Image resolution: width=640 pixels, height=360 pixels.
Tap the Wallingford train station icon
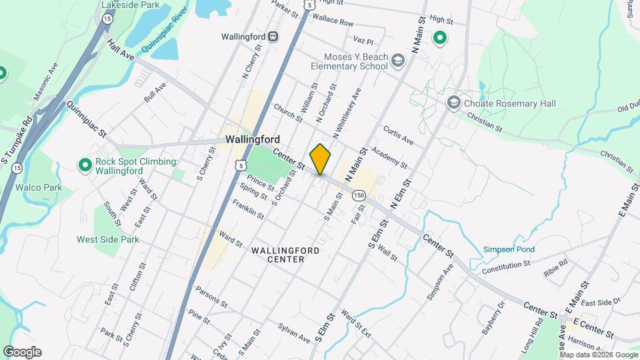(273, 37)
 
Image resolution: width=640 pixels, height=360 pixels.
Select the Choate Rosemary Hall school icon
(454, 103)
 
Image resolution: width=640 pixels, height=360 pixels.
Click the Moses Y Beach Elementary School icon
(398, 61)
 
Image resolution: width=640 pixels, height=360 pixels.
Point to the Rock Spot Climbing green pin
(85, 164)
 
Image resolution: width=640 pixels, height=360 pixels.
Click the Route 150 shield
(359, 195)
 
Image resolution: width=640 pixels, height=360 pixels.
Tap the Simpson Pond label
(509, 250)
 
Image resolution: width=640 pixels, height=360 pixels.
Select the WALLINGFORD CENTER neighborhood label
(285, 255)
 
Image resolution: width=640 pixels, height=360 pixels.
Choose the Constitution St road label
(505, 265)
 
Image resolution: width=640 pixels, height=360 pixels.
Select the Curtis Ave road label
(399, 135)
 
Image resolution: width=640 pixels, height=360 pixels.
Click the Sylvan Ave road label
(294, 333)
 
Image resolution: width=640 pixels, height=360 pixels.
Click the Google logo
(22, 352)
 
